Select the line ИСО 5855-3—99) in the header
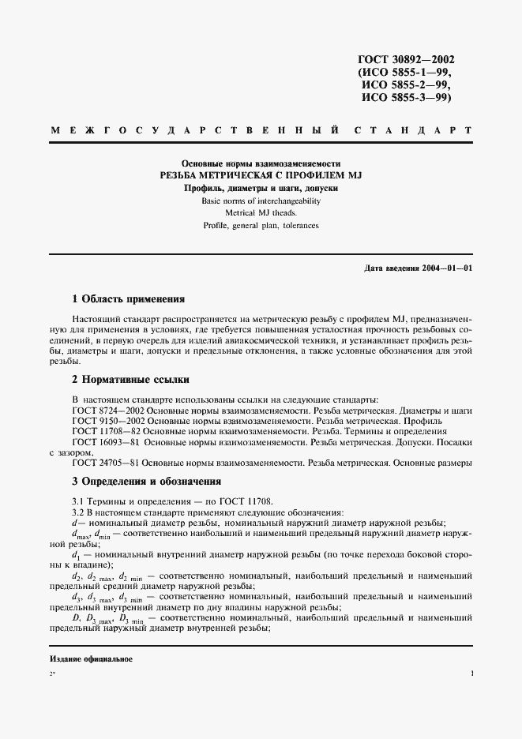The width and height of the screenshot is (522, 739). (406, 98)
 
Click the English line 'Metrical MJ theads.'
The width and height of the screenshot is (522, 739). (261, 213)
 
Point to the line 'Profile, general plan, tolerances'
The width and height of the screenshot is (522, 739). (261, 226)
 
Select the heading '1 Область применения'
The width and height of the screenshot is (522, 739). (128, 299)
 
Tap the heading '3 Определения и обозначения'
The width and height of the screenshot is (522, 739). (146, 481)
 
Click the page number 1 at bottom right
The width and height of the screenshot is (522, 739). (471, 673)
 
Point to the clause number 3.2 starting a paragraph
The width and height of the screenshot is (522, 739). (79, 512)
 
